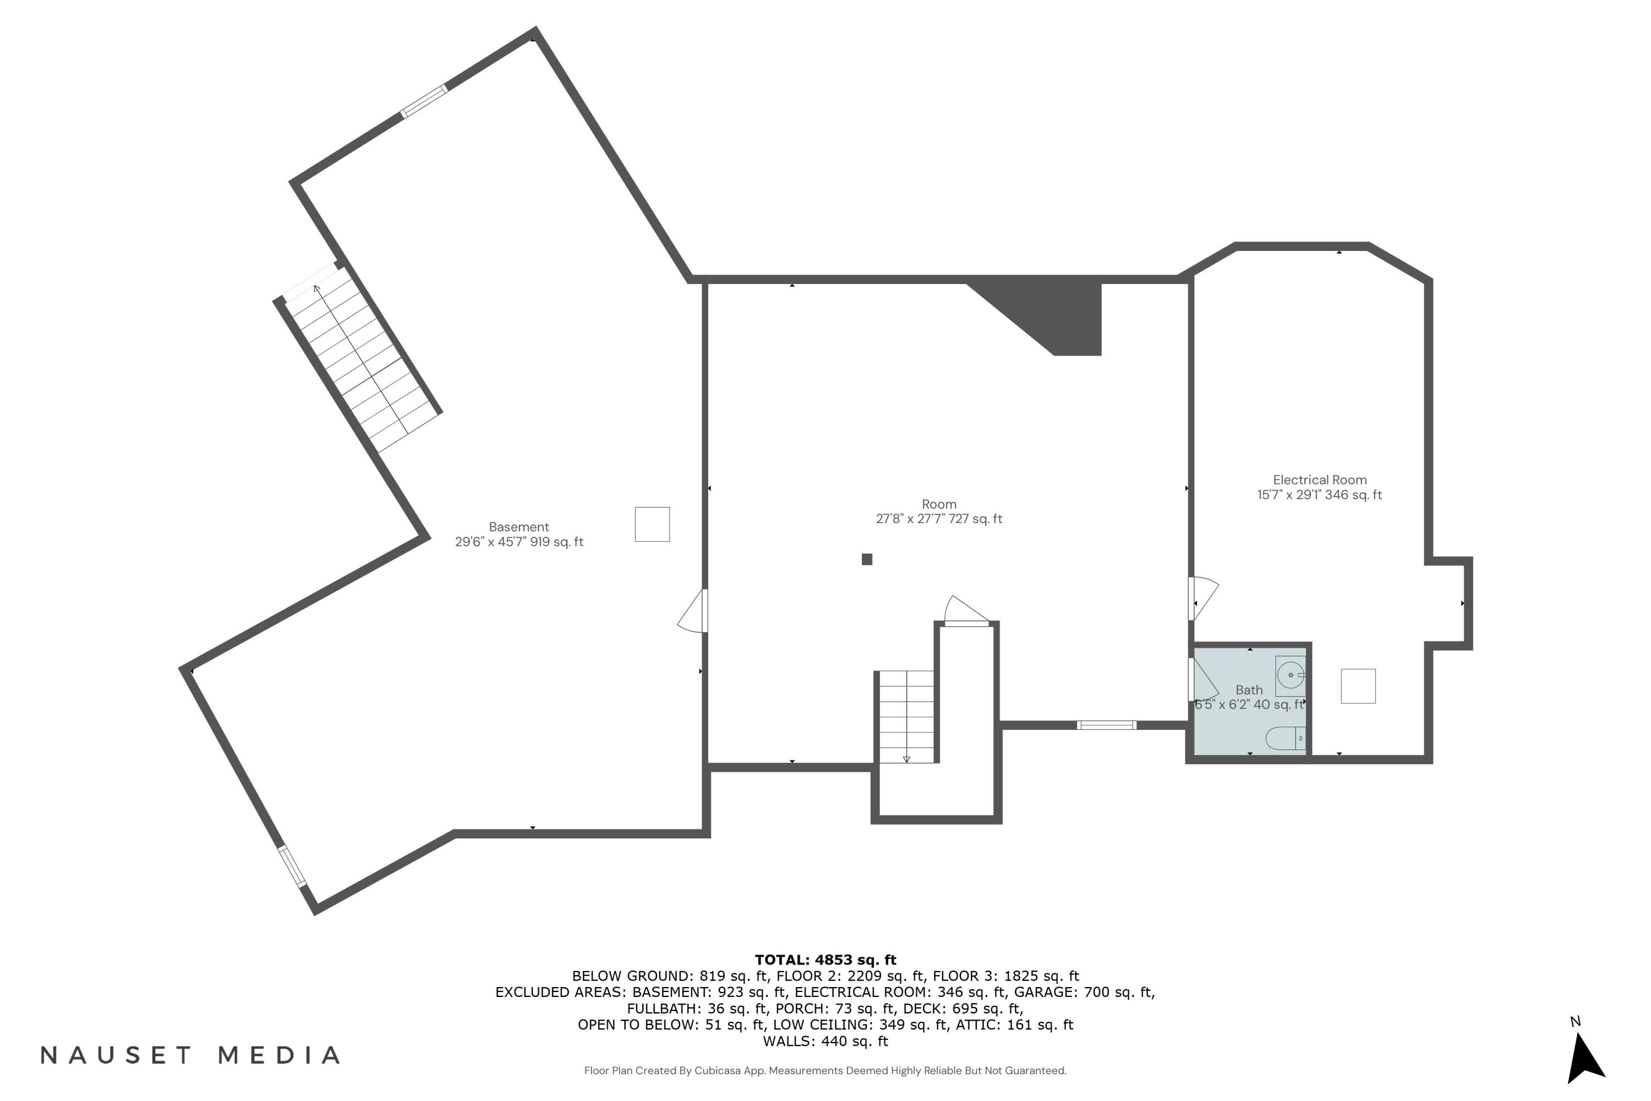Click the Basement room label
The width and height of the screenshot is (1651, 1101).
[519, 527]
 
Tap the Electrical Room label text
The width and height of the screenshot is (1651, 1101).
[1319, 479]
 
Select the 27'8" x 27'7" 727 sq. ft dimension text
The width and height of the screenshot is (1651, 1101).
[938, 519]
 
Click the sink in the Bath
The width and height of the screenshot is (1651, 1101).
[1289, 675]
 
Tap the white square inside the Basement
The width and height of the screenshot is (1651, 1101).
[652, 524]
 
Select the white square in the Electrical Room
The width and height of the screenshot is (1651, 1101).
[1358, 686]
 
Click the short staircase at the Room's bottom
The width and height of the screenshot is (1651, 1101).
[906, 716]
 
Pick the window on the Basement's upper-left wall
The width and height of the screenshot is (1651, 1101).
[424, 101]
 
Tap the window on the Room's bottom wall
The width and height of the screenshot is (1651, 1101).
[1106, 726]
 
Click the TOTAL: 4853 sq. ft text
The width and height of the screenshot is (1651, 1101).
[825, 960]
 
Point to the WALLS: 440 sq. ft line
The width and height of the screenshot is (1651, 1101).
[825, 1042]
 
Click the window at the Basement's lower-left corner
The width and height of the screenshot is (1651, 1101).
[292, 866]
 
